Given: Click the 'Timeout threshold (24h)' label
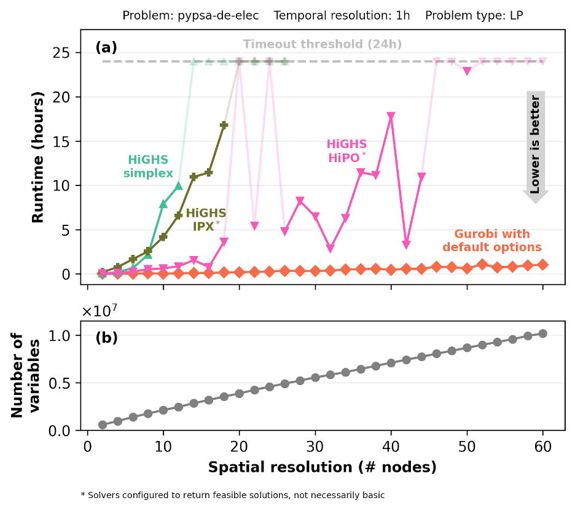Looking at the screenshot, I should tap(322, 44).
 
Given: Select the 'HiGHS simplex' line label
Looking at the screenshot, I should tap(148, 167).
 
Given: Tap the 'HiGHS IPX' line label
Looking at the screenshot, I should tap(205, 219).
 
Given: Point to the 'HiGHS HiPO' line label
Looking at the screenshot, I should tap(346, 151).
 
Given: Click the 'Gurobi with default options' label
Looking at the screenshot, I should tap(492, 241).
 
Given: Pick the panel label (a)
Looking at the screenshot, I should tap(106, 47).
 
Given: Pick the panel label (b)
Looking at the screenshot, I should tap(106, 337).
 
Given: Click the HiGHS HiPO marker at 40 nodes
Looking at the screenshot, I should tap(391, 116).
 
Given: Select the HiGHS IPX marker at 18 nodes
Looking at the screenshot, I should tap(224, 125).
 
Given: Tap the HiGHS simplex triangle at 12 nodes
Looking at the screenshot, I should tap(178, 185).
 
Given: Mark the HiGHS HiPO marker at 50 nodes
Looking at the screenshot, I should tap(467, 71).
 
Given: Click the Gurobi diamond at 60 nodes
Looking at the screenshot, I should tap(543, 265).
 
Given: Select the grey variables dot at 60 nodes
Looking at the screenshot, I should tap(543, 334).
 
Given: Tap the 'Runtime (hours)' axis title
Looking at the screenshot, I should tap(37, 158).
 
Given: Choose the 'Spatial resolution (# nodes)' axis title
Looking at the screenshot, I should tap(322, 467).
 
